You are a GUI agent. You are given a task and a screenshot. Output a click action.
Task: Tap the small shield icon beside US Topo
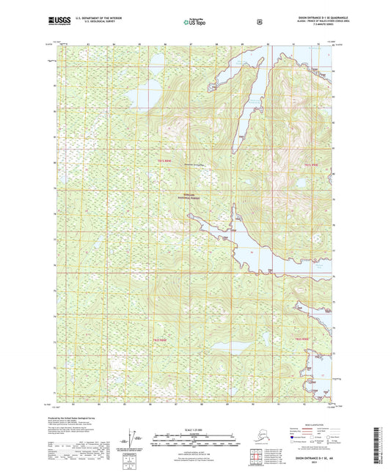259,21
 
